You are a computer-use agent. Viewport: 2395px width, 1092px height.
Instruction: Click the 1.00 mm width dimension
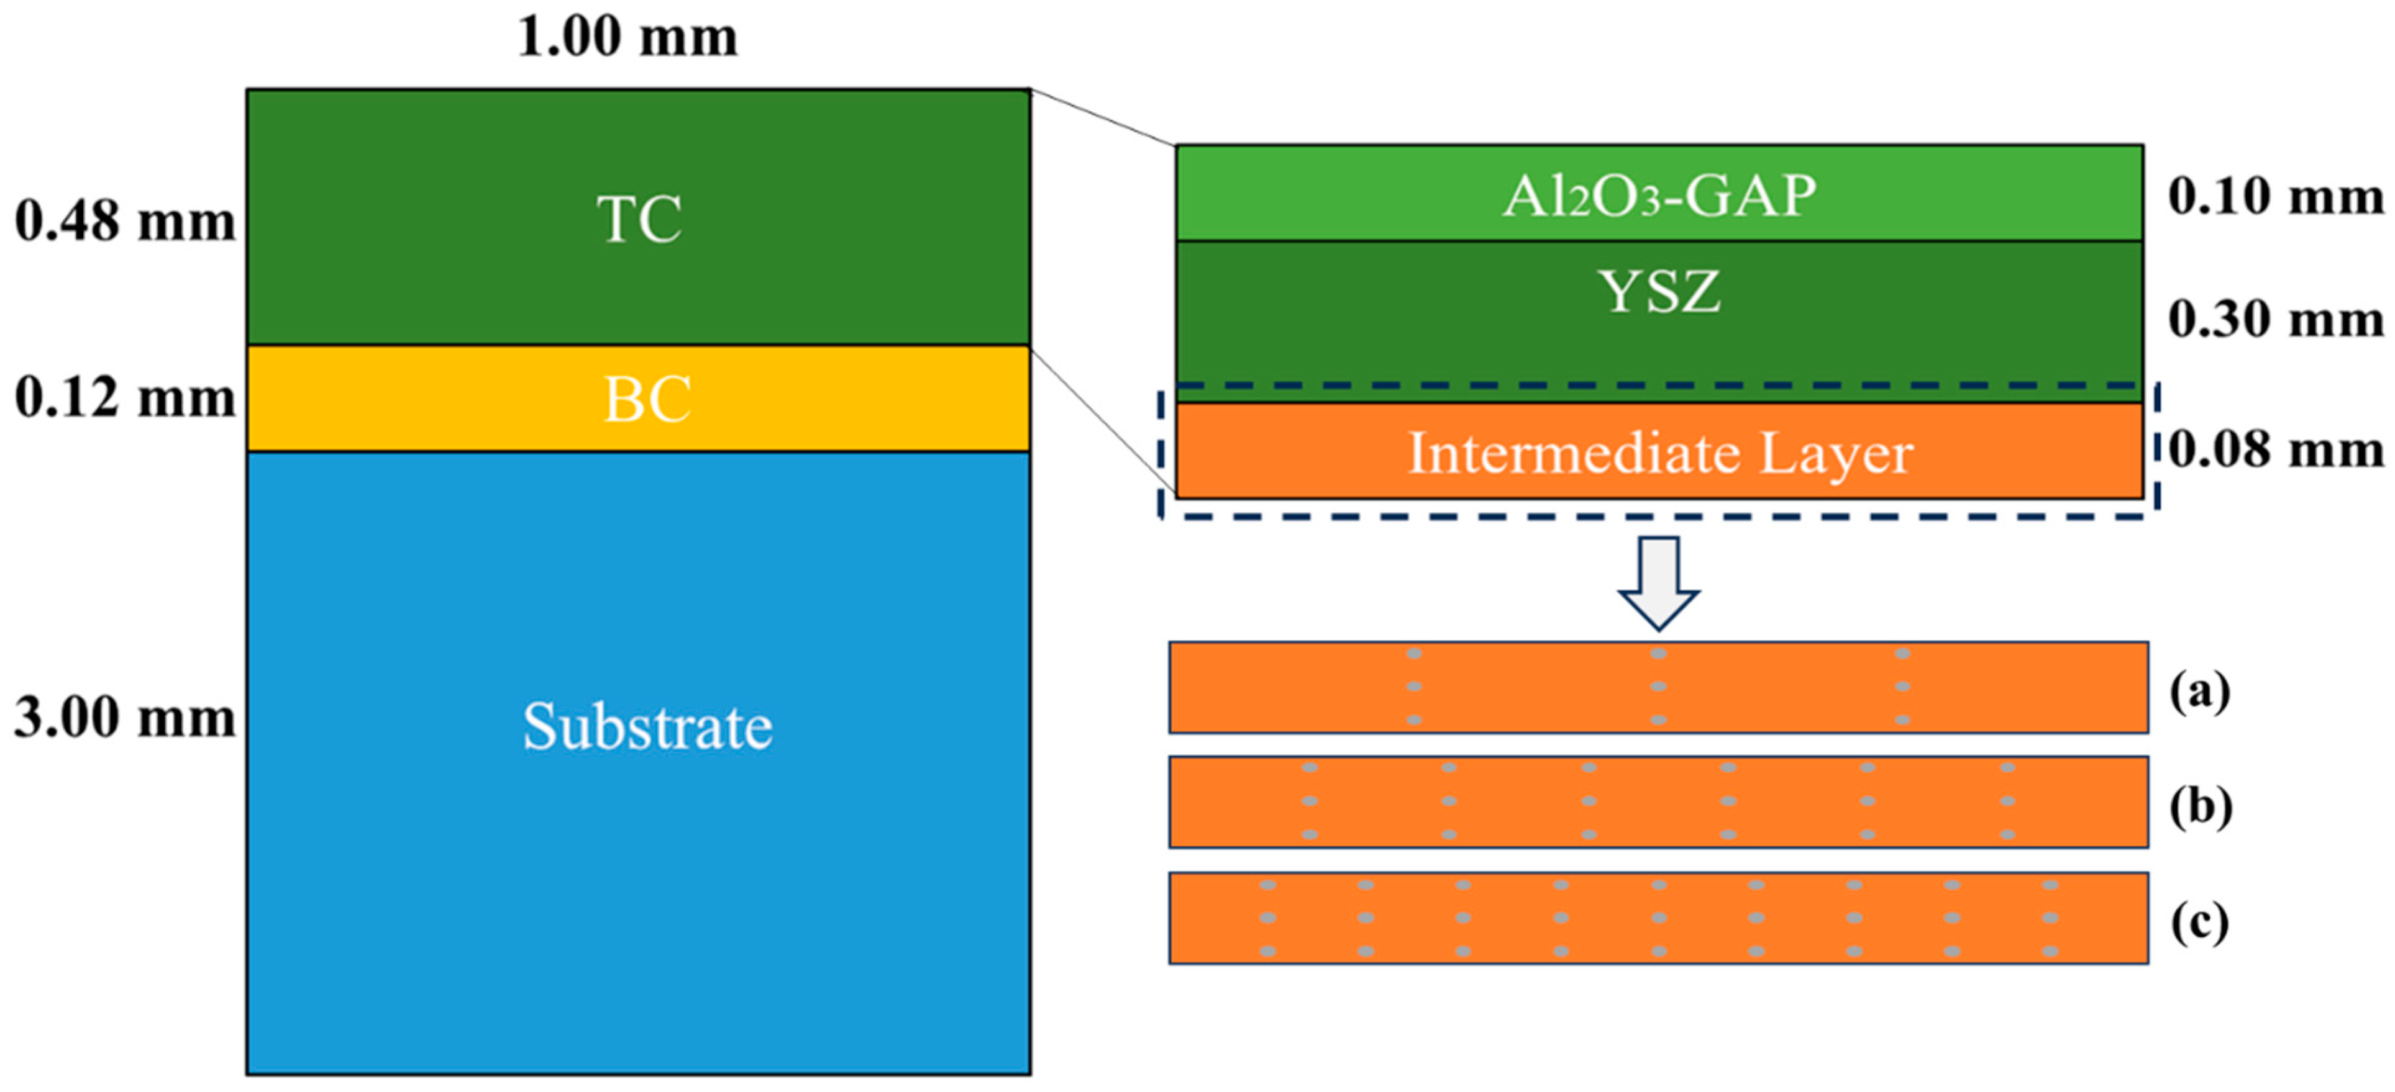[627, 39]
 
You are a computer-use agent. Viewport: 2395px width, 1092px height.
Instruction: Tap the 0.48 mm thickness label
[125, 222]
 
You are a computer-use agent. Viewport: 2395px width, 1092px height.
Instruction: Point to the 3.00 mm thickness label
[125, 718]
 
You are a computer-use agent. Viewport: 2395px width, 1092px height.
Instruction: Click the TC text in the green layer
[640, 220]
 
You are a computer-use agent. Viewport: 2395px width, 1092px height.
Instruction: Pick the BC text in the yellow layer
[647, 400]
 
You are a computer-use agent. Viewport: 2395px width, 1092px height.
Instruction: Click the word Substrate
[647, 727]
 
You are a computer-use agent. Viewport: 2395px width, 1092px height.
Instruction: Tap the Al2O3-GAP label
[1659, 197]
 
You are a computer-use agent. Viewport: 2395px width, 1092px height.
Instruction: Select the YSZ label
[1659, 292]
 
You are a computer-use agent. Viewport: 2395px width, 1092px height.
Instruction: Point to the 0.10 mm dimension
[2276, 197]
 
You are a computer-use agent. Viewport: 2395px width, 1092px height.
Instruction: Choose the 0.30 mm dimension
[2276, 320]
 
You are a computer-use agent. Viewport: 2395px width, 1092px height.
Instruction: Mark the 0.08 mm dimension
[2276, 450]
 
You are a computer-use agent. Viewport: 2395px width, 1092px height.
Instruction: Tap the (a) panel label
[2200, 692]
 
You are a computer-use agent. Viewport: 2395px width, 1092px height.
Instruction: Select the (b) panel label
[2200, 806]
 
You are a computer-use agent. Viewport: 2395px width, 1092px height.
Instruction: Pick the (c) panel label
[2200, 923]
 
